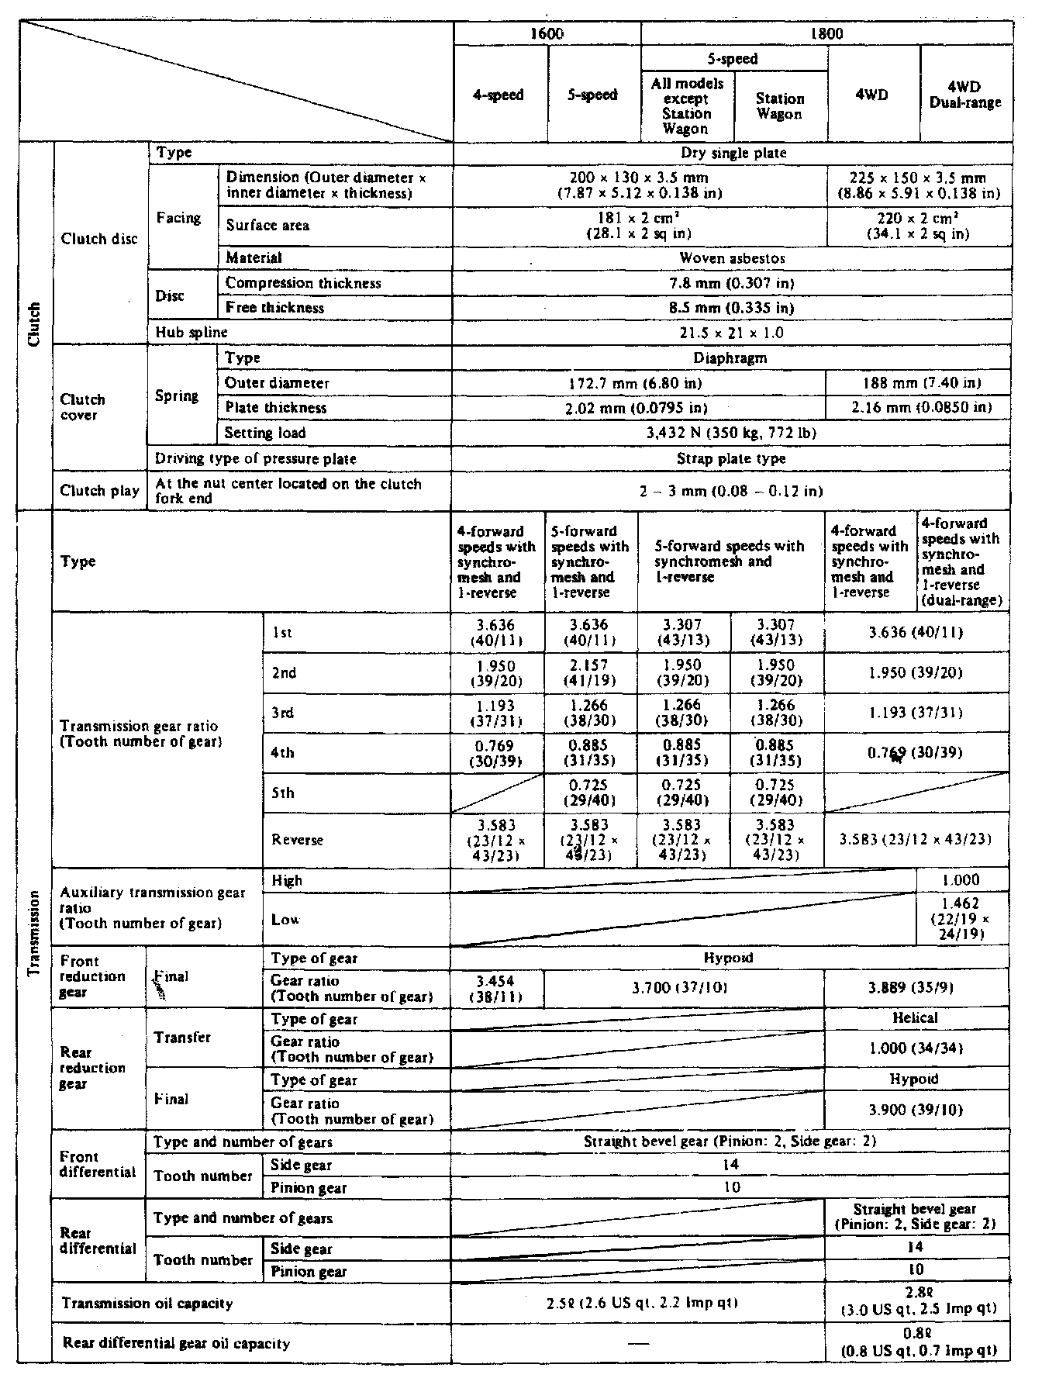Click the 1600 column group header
tap(547, 33)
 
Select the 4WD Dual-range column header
tap(965, 95)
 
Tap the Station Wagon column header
tap(780, 106)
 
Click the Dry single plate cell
tap(732, 153)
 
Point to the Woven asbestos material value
tap(732, 257)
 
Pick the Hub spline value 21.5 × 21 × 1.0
tap(732, 333)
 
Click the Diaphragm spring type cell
tap(732, 358)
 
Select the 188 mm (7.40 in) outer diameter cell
tap(919, 383)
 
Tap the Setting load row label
tap(265, 433)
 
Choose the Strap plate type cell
tap(732, 458)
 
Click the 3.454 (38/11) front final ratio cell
tap(497, 989)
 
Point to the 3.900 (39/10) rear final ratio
tap(916, 1110)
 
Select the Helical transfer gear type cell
tap(916, 1017)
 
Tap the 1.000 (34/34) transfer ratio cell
tap(916, 1048)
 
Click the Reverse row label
tap(297, 840)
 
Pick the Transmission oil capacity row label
tap(147, 1304)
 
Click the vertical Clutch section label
tap(35, 326)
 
